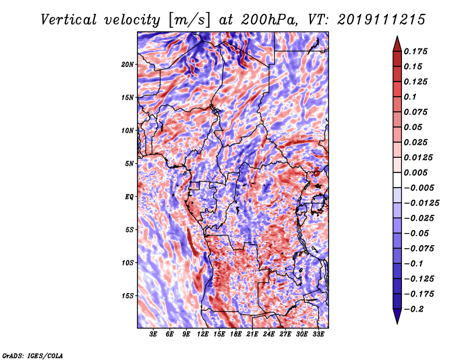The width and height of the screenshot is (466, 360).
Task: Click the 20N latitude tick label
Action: click(x=127, y=65)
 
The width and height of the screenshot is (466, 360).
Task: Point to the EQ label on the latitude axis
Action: click(x=129, y=197)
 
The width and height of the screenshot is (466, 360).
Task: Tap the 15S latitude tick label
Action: click(x=127, y=296)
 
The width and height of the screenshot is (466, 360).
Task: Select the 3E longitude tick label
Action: click(x=153, y=334)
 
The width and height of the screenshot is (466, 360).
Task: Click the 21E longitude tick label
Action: click(x=252, y=334)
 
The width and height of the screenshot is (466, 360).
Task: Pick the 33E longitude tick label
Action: click(x=318, y=334)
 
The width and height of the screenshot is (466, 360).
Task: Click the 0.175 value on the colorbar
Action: click(x=416, y=51)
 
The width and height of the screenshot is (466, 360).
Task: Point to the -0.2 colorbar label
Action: click(x=414, y=309)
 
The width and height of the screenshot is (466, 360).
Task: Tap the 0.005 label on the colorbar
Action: click(x=416, y=172)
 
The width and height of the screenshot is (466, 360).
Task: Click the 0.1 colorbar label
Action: click(x=410, y=97)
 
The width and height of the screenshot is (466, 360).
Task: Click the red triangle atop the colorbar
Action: click(x=397, y=44)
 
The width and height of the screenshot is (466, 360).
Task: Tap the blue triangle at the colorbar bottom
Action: click(x=397, y=316)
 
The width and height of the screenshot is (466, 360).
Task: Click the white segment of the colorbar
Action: click(x=397, y=180)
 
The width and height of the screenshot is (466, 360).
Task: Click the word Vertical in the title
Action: click(x=69, y=20)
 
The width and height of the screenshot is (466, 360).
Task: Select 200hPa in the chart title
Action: click(x=269, y=20)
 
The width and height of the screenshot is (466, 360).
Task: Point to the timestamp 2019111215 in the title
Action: click(x=382, y=20)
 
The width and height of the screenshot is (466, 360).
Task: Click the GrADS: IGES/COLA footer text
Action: click(x=33, y=355)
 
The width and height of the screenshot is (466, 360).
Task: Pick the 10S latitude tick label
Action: click(x=127, y=263)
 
